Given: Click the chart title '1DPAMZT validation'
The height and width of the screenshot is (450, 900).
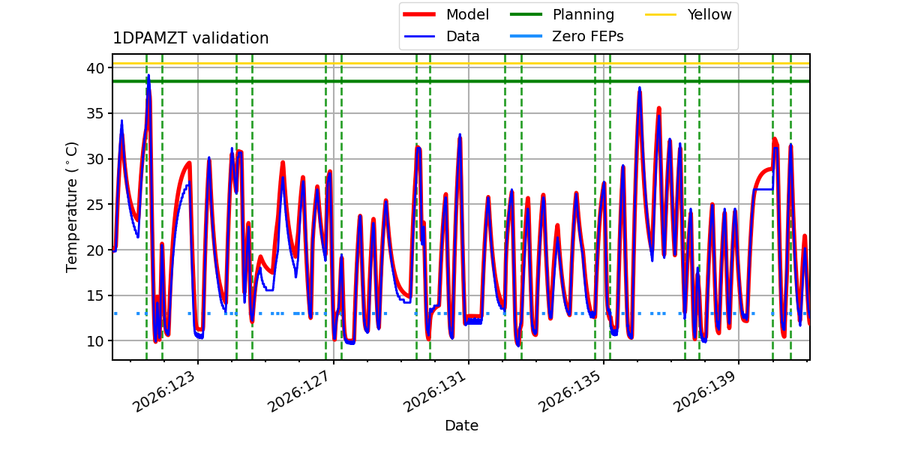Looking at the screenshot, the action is pyautogui.click(x=190, y=38).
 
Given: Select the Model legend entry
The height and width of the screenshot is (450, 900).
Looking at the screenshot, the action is pyautogui.click(x=446, y=14).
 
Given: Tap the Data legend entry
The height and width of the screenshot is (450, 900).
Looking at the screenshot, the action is pyautogui.click(x=442, y=37).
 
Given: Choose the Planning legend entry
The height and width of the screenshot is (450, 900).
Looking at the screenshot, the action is pyautogui.click(x=562, y=14).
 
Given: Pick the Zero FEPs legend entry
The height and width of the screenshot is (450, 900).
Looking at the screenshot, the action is pyautogui.click(x=566, y=37).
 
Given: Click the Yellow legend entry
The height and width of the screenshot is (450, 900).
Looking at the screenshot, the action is pyautogui.click(x=688, y=14).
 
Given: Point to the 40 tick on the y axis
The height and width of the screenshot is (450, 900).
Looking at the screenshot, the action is pyautogui.click(x=95, y=68).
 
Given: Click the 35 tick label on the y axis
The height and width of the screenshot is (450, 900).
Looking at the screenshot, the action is pyautogui.click(x=95, y=114).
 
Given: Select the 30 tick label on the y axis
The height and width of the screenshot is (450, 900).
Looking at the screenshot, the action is pyautogui.click(x=95, y=159).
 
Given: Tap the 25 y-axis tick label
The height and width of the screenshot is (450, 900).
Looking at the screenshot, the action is pyautogui.click(x=95, y=205).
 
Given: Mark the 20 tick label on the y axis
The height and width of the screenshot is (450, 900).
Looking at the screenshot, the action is pyautogui.click(x=95, y=250).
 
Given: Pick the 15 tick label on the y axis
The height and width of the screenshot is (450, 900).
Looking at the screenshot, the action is pyautogui.click(x=95, y=295).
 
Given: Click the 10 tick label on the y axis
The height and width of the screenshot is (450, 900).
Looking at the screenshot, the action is pyautogui.click(x=95, y=341).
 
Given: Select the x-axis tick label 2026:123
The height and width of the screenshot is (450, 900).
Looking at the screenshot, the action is pyautogui.click(x=164, y=391).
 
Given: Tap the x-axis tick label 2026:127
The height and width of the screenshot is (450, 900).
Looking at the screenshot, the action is pyautogui.click(x=300, y=391).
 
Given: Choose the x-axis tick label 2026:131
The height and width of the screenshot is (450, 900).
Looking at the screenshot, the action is pyautogui.click(x=435, y=391).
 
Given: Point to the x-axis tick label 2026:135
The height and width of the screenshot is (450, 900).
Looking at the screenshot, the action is pyautogui.click(x=570, y=391).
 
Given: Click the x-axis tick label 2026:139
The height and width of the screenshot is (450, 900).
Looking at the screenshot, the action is pyautogui.click(x=706, y=391).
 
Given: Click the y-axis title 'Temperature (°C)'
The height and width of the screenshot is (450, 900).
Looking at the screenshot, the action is pyautogui.click(x=71, y=207).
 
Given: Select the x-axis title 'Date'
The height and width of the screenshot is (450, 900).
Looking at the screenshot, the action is pyautogui.click(x=461, y=425).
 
